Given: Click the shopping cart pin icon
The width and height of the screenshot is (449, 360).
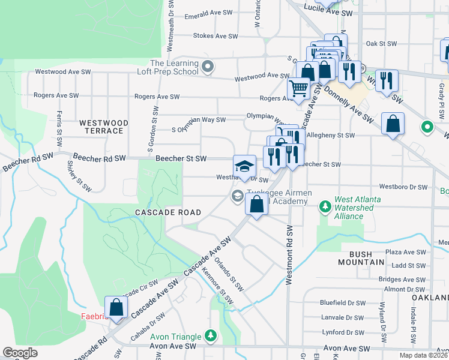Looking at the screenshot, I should [x=298, y=89].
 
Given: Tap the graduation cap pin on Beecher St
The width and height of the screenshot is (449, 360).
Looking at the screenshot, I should [x=244, y=166].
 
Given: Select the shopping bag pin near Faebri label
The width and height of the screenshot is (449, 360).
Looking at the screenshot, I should [x=116, y=307].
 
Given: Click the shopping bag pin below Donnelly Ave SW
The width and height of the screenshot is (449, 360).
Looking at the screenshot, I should [x=392, y=124].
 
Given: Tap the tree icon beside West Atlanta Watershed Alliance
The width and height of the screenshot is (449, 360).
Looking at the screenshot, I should [x=325, y=207].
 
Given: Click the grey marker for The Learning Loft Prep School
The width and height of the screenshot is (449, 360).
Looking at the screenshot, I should [x=208, y=67].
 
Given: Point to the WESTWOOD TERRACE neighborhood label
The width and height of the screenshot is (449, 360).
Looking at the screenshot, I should [x=104, y=127].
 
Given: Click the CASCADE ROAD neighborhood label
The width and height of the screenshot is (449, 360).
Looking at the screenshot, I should [x=164, y=213].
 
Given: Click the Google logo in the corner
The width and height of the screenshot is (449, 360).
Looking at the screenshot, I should [x=20, y=353].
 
